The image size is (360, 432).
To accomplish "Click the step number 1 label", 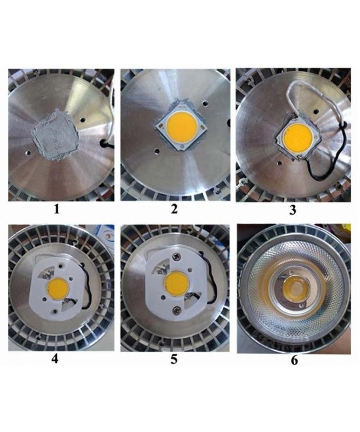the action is tap(56, 209).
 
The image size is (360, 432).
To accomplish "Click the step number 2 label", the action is tap(174, 209).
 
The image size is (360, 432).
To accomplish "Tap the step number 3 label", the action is tap(293, 210).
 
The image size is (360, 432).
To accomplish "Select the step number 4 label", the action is tap(55, 359).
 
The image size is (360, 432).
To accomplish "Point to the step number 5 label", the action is tap(174, 359).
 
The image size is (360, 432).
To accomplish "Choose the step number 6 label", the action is tap(294, 360).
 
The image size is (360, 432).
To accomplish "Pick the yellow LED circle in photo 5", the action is tap(177, 283).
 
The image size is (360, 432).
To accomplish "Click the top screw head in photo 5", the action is tap(175, 257).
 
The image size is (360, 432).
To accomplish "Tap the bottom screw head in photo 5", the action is tap(176, 311).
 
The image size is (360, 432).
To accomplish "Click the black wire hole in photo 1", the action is tap(104, 143).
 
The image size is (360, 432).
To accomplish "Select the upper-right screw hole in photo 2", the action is tap(205, 103).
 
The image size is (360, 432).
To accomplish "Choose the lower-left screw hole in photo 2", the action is tap(157, 151).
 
